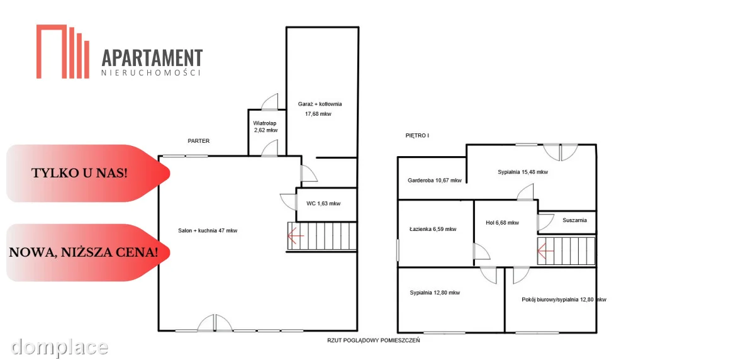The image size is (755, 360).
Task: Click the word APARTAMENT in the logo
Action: click(x=152, y=58)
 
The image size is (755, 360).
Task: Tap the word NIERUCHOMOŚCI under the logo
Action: click(x=151, y=72)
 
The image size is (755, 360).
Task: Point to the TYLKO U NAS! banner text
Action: click(x=79, y=173)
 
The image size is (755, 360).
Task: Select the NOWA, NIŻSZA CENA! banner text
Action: click(x=84, y=252)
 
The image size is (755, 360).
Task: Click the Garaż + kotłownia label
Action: click(x=320, y=104)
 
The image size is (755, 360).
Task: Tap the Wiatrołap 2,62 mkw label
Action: click(x=266, y=127)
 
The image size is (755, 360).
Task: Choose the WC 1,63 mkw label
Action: click(x=323, y=203)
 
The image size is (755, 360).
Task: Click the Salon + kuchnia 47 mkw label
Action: click(x=208, y=230)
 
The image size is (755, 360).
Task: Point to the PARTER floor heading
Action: click(x=199, y=141)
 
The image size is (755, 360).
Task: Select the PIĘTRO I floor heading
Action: click(x=417, y=135)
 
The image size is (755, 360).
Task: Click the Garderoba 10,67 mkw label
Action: click(x=435, y=181)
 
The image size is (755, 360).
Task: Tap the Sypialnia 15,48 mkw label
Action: click(x=523, y=172)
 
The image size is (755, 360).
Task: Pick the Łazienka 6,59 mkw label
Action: click(x=433, y=229)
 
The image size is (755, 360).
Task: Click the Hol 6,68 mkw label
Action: click(x=502, y=223)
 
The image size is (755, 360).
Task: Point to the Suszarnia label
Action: click(x=574, y=220)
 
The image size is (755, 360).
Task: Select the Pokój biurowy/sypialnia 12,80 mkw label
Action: click(x=564, y=300)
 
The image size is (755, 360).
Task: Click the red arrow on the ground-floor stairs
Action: click(x=296, y=235)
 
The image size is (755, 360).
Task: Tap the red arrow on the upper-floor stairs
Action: click(x=545, y=250)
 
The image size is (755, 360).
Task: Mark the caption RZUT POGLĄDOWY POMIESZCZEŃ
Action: click(x=374, y=340)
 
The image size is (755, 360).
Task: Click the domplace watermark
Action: click(x=59, y=347)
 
